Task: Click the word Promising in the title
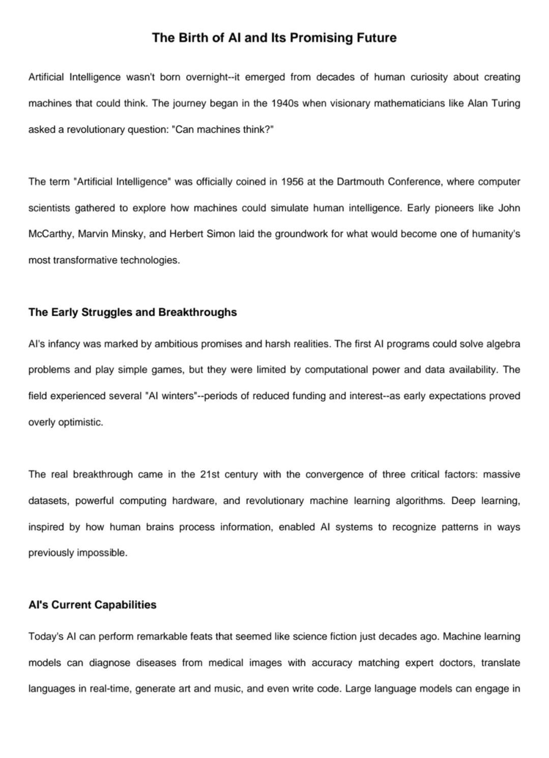[320, 38]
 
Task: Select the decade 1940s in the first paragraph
[286, 103]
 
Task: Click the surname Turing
[505, 103]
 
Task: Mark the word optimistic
[80, 422]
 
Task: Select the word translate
[501, 663]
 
